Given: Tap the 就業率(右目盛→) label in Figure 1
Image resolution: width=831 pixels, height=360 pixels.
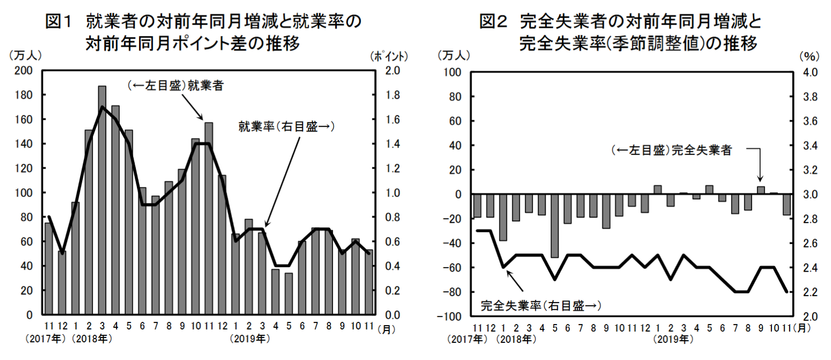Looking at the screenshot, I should coord(286,127).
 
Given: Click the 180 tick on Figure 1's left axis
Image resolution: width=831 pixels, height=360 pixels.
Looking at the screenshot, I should coord(25,95).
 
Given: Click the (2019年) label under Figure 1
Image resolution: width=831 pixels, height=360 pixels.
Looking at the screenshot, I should coord(249,340).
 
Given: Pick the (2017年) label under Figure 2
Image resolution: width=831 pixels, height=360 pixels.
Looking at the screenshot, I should coord(467,340).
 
